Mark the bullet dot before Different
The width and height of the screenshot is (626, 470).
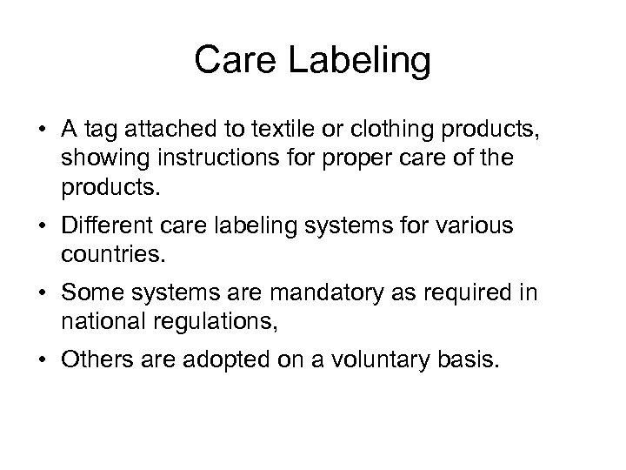click(x=42, y=226)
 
